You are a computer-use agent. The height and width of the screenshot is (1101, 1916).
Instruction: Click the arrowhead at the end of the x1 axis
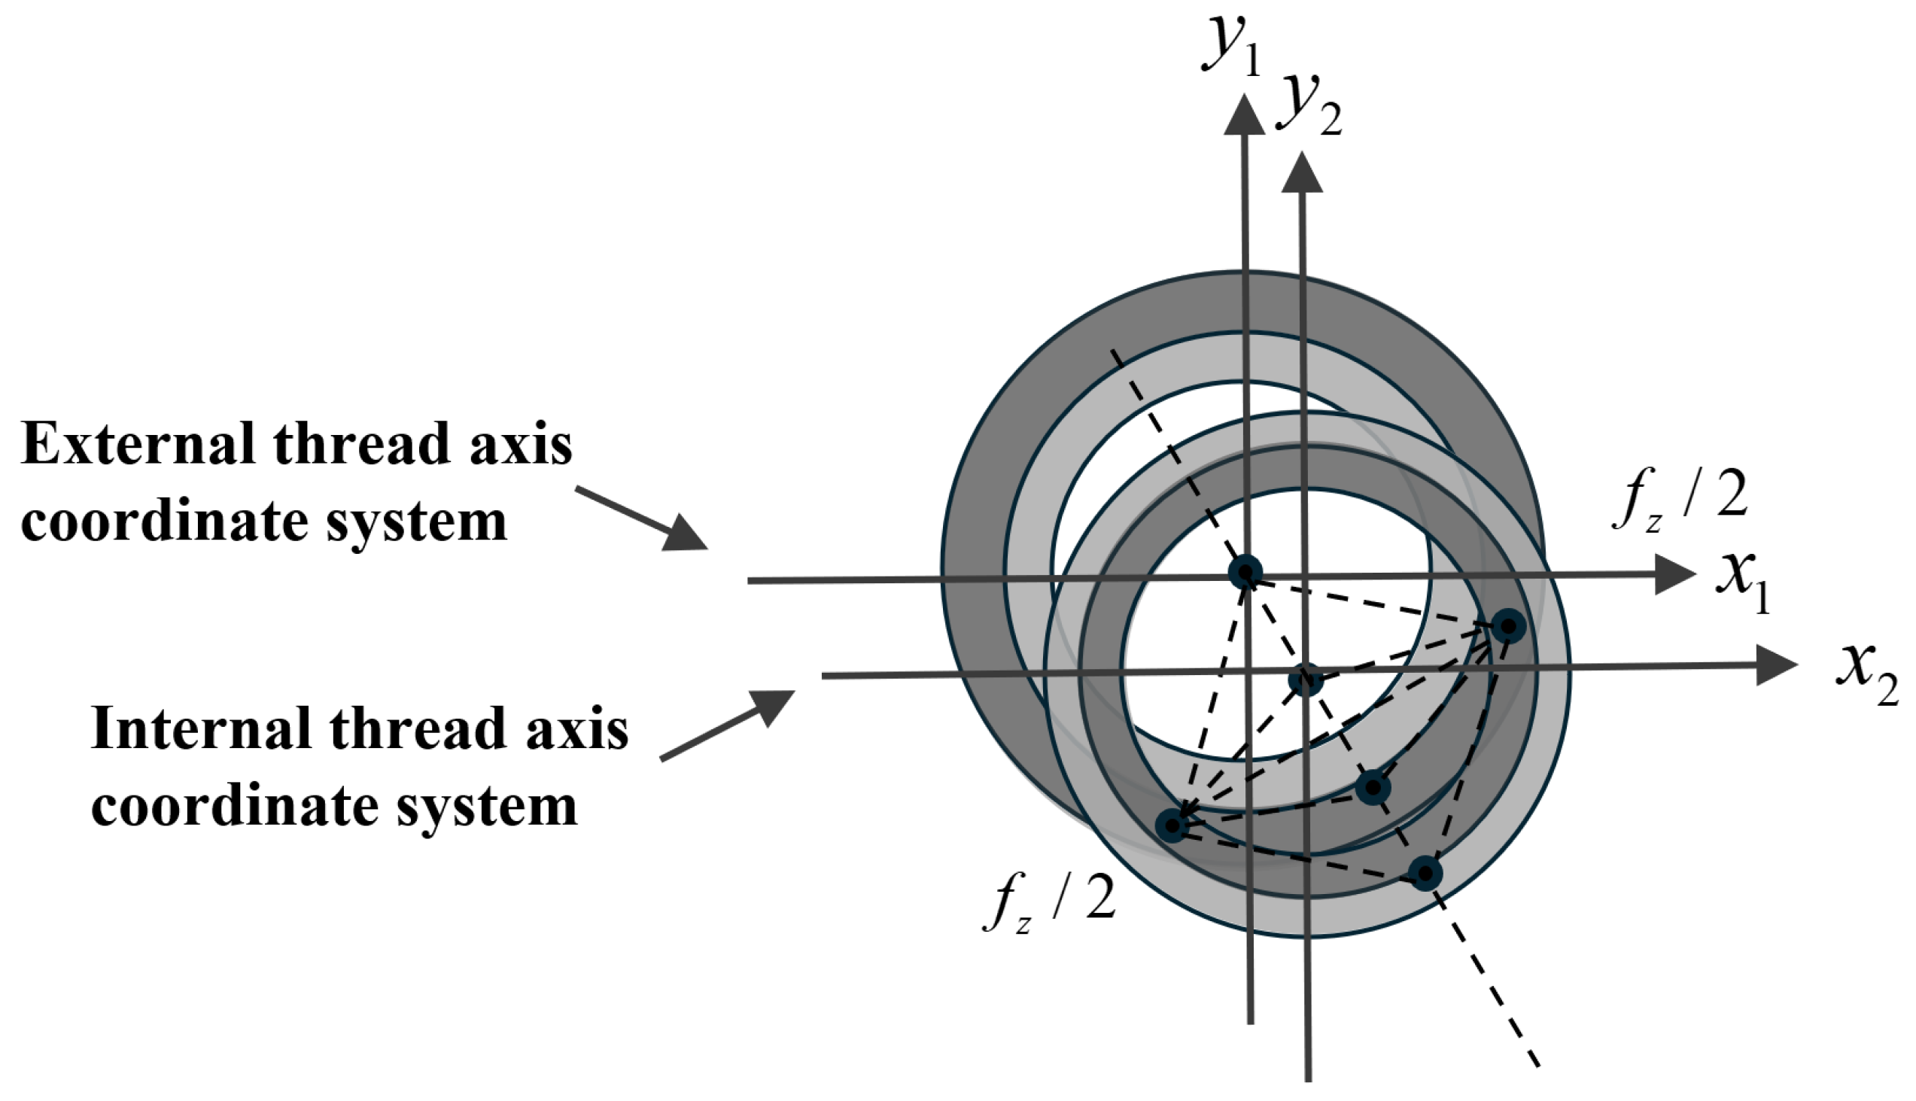pyautogui.click(x=1675, y=574)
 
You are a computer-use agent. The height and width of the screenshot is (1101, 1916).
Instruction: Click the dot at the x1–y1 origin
pyautogui.click(x=1245, y=573)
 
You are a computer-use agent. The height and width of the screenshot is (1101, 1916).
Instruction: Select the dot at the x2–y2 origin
pyautogui.click(x=1305, y=680)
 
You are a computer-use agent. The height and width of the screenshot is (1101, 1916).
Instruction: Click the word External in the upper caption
pyautogui.click(x=137, y=444)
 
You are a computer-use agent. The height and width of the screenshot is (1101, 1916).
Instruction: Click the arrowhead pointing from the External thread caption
pyautogui.click(x=684, y=533)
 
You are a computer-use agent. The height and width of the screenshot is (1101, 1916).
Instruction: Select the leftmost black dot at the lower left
pyautogui.click(x=1171, y=826)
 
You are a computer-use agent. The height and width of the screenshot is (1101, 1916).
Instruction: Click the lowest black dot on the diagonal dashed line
pyautogui.click(x=1426, y=874)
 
